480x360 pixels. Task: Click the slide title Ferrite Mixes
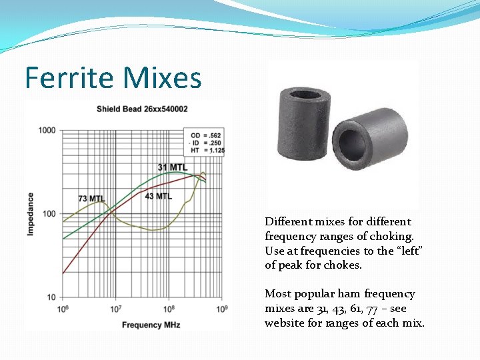[113, 78]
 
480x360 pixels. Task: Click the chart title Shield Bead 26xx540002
[142, 109]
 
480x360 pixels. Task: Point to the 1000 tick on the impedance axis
[47, 130]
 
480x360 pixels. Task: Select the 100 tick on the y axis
[49, 214]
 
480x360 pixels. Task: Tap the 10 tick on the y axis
[51, 297]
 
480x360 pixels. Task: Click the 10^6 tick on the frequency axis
[63, 309]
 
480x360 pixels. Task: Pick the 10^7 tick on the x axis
[115, 309]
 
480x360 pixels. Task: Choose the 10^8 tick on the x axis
[169, 309]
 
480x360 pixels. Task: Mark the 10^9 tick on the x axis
[222, 309]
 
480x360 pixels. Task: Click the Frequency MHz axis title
[151, 325]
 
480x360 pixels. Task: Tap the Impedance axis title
[31, 213]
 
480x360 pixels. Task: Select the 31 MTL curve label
[172, 167]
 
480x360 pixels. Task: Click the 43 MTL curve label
[158, 196]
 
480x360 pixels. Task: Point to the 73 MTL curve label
[91, 199]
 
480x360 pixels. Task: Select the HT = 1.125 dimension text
[207, 151]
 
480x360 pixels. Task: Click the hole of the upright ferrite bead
[305, 94]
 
